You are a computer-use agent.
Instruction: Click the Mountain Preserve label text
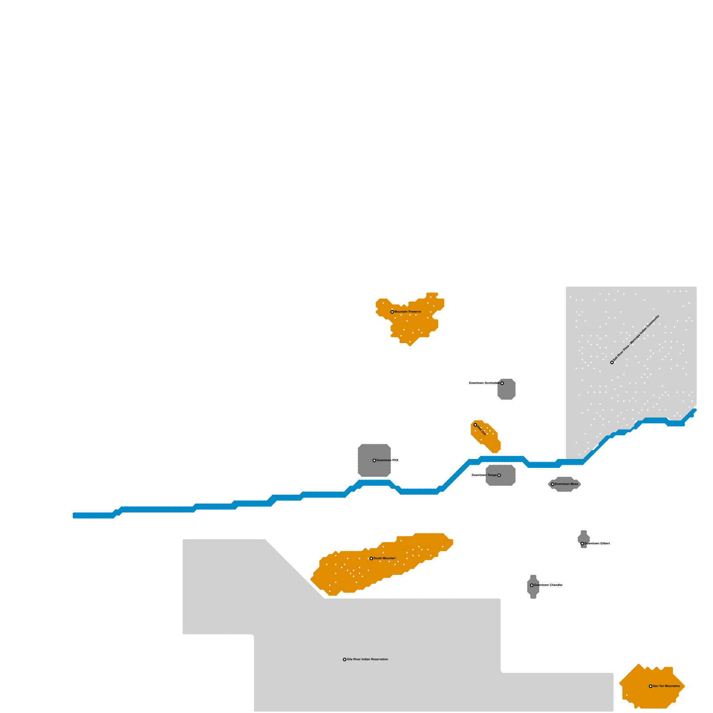[x=407, y=312]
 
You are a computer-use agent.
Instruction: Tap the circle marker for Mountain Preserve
[x=392, y=312]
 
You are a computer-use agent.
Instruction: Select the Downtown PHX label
[x=387, y=460]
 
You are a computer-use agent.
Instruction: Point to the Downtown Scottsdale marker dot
[x=502, y=383]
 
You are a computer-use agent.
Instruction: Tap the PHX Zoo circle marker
[x=475, y=425]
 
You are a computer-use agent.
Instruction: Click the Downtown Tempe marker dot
[x=499, y=475]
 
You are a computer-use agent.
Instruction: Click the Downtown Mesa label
[x=566, y=484]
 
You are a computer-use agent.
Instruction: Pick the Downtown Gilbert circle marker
[x=582, y=544]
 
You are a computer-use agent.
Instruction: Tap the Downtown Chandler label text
[x=548, y=585]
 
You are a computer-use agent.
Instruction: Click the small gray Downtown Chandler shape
[x=533, y=590]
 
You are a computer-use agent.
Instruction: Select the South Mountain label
[x=385, y=558]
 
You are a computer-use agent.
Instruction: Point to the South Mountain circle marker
[x=371, y=558]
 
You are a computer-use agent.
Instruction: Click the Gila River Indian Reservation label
[x=367, y=660]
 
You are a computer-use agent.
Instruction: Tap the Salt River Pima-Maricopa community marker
[x=612, y=362]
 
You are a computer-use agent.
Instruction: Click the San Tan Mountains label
[x=666, y=686]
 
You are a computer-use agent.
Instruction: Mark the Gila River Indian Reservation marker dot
[x=344, y=660]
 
